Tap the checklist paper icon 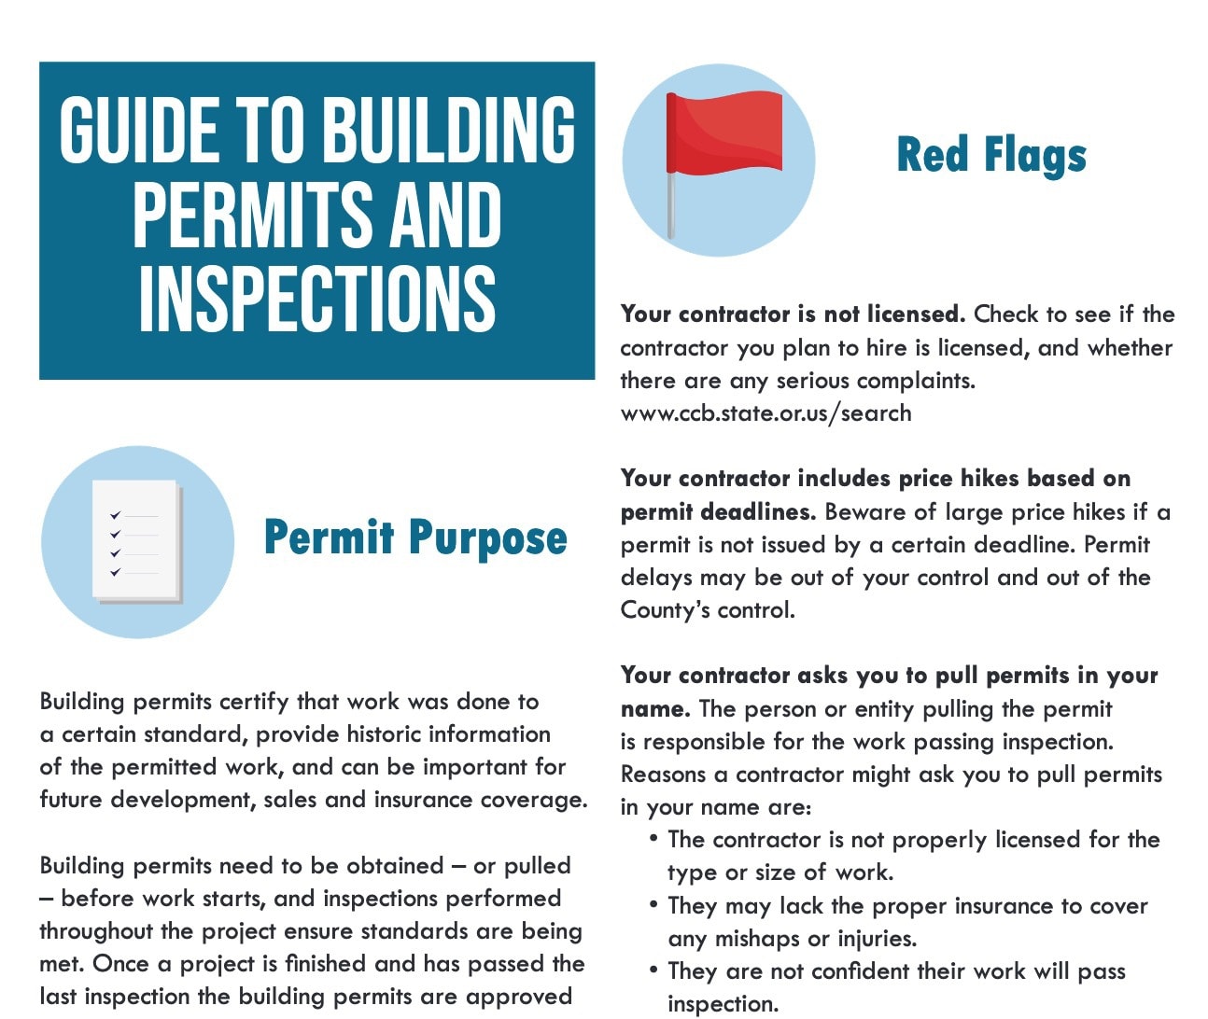(x=136, y=541)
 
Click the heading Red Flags (x=991, y=155)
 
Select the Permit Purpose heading (x=415, y=538)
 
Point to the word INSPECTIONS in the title (x=316, y=299)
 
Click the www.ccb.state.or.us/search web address (x=766, y=413)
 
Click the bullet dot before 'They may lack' (x=653, y=905)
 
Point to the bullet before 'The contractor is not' (x=653, y=839)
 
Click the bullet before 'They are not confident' (x=653, y=970)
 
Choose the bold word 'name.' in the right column (x=655, y=709)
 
